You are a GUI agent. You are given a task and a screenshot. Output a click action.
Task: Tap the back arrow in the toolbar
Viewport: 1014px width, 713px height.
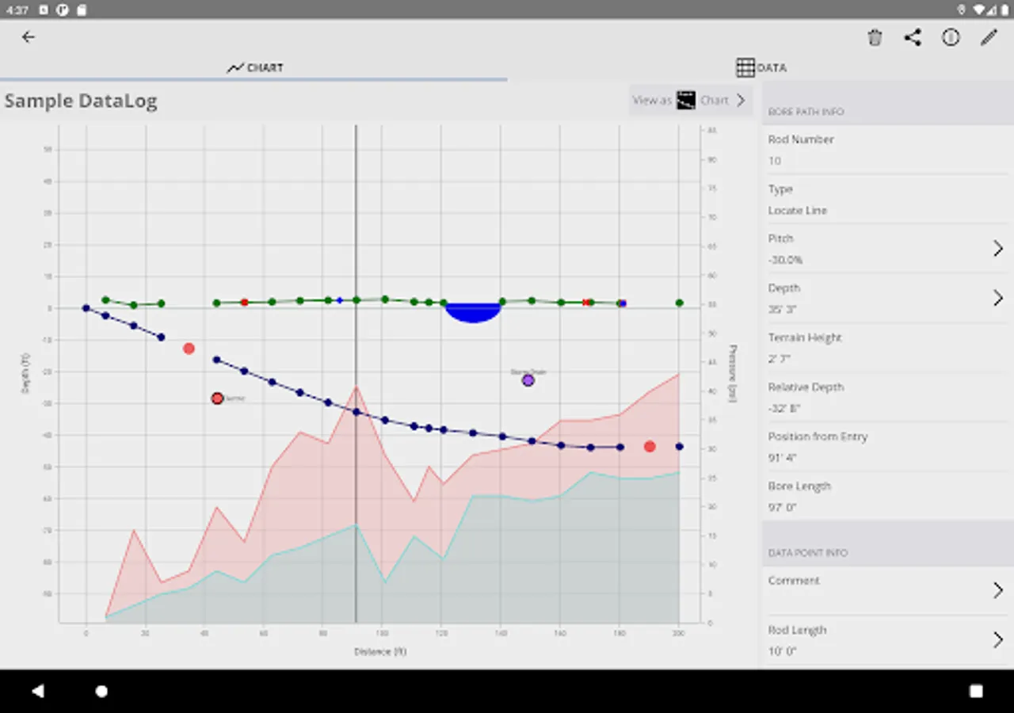coord(29,37)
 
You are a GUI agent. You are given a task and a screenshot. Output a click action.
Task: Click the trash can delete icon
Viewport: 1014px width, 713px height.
coord(875,37)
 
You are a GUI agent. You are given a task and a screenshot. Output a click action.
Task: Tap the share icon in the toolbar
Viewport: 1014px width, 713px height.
coord(913,37)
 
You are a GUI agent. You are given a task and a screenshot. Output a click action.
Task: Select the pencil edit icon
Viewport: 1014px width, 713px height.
coord(989,37)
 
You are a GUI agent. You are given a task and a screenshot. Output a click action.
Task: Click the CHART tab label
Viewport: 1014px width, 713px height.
coord(255,67)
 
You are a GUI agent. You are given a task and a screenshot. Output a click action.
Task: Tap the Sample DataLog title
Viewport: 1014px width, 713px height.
coord(81,101)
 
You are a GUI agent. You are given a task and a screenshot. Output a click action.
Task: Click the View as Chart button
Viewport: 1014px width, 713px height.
coord(689,101)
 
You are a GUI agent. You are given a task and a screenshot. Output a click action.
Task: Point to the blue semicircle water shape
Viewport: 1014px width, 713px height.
coord(473,312)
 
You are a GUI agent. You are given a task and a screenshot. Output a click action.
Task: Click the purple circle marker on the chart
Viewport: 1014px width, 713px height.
coord(528,380)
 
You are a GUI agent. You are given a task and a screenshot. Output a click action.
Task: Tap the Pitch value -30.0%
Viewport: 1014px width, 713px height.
coord(785,260)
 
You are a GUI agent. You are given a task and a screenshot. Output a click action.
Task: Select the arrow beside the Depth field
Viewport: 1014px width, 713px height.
coord(998,298)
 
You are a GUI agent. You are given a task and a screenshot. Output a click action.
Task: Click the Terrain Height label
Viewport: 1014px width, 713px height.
coord(805,337)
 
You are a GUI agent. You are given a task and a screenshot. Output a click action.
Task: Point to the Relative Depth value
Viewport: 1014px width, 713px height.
coord(783,409)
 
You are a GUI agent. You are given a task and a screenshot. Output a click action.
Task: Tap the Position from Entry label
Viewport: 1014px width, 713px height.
coord(818,437)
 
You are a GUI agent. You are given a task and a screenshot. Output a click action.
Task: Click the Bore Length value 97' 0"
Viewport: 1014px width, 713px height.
coord(782,508)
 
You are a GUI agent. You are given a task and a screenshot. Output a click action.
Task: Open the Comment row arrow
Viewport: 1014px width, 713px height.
coord(998,590)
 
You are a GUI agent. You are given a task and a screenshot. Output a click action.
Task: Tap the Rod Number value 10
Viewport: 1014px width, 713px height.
coord(775,161)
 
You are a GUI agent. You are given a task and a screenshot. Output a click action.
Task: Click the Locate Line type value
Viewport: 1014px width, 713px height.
coord(797,211)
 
